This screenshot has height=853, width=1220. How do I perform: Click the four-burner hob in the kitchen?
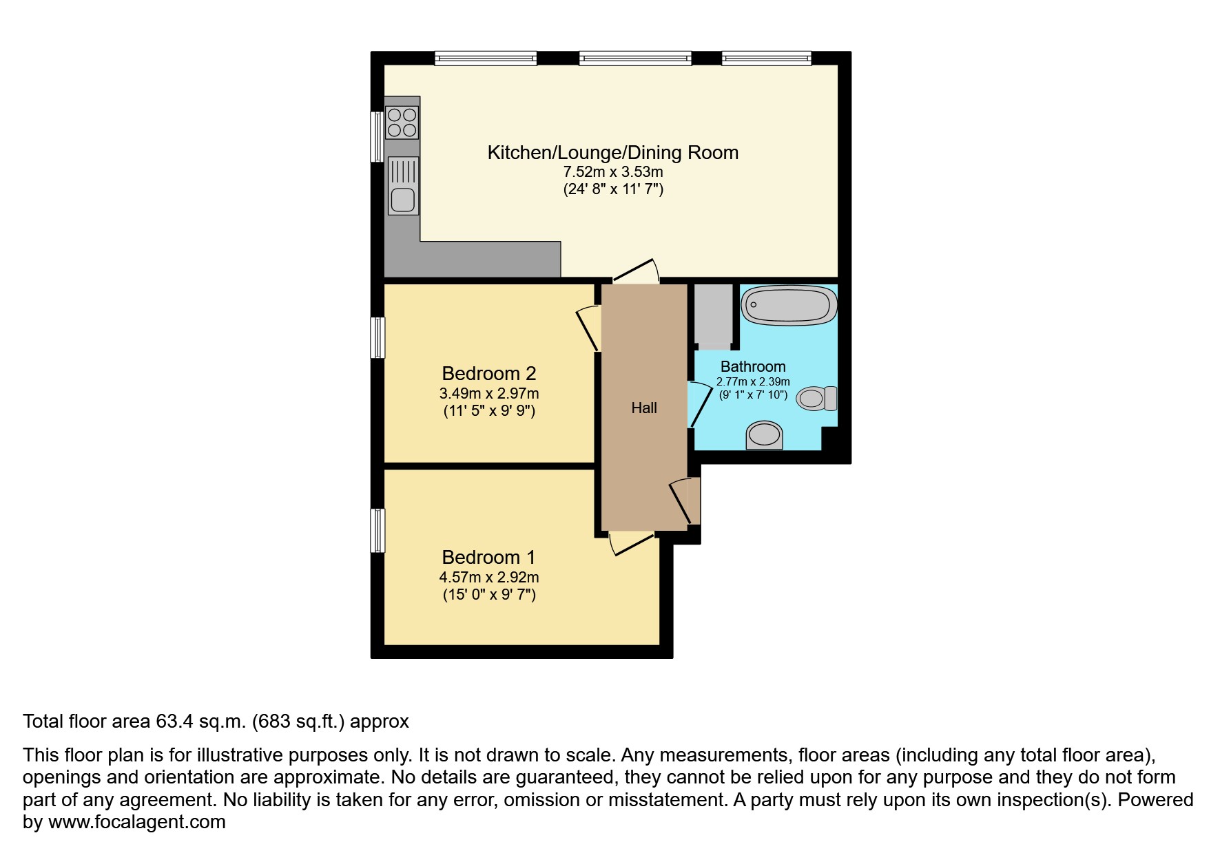click(x=402, y=123)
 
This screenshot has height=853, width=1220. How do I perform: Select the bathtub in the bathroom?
click(x=789, y=305)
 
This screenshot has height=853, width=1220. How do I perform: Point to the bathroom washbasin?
click(x=765, y=435)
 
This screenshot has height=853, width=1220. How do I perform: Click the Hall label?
click(x=644, y=408)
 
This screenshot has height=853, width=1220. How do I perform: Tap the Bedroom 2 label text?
click(x=488, y=374)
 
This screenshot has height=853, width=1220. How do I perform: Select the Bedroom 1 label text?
click(x=488, y=557)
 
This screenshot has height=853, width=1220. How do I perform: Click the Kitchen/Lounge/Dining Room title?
click(x=612, y=153)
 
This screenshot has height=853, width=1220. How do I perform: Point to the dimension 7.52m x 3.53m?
click(x=612, y=171)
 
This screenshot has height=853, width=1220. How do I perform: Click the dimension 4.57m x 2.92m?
click(x=488, y=577)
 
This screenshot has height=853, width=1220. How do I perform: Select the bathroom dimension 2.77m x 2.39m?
click(x=753, y=381)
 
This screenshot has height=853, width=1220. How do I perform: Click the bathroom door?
click(x=700, y=405)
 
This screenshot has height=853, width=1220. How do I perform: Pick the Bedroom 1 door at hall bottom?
click(x=630, y=543)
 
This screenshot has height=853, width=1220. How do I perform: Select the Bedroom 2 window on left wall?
click(x=378, y=337)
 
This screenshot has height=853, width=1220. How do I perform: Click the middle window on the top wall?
click(x=634, y=59)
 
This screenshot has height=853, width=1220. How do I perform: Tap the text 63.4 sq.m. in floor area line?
click(x=200, y=722)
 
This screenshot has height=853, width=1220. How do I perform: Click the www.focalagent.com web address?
click(x=136, y=822)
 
